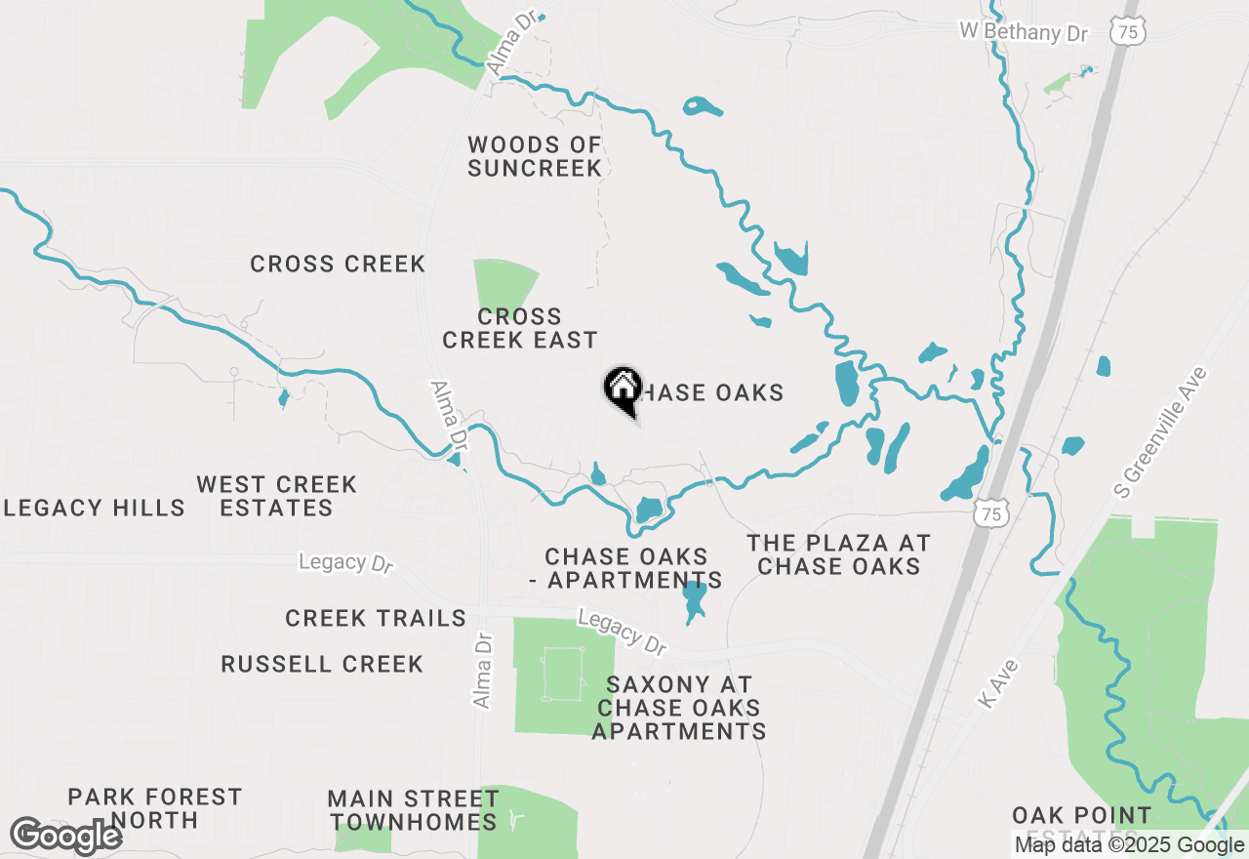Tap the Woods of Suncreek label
pyautogui.click(x=535, y=156)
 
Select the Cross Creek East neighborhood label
pyautogui.click(x=519, y=328)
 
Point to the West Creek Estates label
pyautogui.click(x=277, y=496)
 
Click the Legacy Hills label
pyautogui.click(x=94, y=508)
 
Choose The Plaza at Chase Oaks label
pyautogui.click(x=838, y=554)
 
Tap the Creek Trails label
pyautogui.click(x=376, y=618)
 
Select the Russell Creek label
pyautogui.click(x=322, y=664)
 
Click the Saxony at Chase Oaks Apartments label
pyautogui.click(x=678, y=708)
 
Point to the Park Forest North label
pyautogui.click(x=154, y=808)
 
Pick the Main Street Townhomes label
pyautogui.click(x=414, y=810)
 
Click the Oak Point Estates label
pyautogui.click(x=1081, y=820)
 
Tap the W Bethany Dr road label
pyautogui.click(x=1023, y=31)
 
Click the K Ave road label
pyautogui.click(x=997, y=684)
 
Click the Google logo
pyautogui.click(x=65, y=836)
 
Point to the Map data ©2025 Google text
pyautogui.click(x=1129, y=845)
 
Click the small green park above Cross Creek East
pyautogui.click(x=504, y=282)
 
